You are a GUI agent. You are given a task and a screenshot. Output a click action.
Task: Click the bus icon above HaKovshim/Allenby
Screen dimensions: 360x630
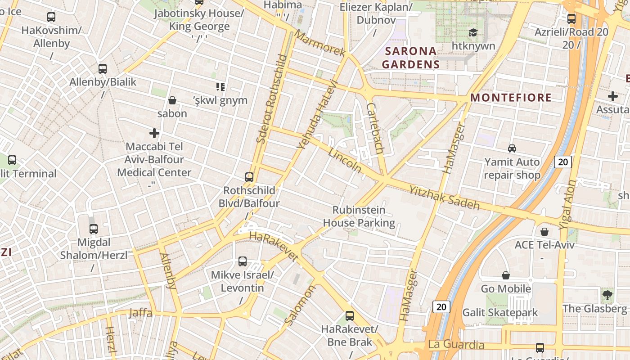click(51, 17)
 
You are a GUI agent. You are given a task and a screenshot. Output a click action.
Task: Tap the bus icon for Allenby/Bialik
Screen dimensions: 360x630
click(103, 69)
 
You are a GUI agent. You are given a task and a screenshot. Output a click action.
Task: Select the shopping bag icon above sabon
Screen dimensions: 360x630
click(172, 100)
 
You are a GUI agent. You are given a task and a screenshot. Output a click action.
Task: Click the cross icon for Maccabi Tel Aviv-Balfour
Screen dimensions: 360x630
click(154, 133)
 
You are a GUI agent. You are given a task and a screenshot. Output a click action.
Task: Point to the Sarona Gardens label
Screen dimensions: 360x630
click(410, 58)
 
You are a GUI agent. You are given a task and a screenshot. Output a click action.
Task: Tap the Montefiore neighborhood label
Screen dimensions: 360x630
click(511, 98)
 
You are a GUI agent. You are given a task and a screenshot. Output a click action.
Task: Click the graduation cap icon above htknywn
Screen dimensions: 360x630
click(473, 33)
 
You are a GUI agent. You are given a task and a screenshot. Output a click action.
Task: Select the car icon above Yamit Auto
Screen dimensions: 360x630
click(512, 148)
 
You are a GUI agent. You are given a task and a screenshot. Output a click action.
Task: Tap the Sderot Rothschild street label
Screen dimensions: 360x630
click(271, 99)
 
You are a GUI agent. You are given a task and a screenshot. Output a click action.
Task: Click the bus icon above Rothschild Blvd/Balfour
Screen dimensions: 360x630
click(249, 177)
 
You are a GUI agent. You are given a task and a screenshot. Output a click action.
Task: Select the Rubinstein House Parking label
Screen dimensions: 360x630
click(359, 216)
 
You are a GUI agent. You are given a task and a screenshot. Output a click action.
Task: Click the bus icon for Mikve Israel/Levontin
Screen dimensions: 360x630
click(242, 261)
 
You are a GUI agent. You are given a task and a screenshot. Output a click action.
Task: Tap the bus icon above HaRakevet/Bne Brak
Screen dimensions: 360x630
click(350, 316)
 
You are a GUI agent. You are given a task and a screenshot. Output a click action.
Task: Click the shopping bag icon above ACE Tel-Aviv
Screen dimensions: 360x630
click(544, 232)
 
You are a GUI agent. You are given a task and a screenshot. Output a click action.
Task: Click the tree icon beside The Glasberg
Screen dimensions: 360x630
click(607, 295)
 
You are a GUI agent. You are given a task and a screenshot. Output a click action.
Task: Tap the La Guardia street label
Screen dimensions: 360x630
click(456, 345)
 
